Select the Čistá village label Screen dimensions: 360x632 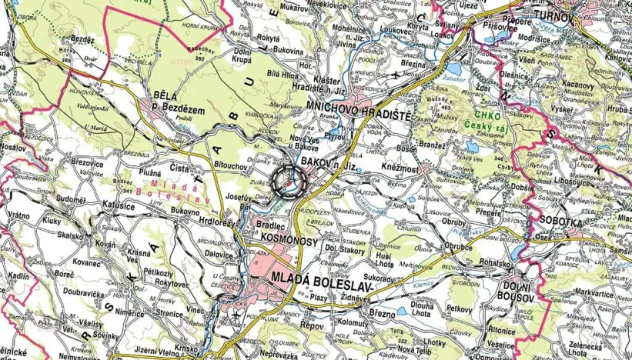(x=179, y=168)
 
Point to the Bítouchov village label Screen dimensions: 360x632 (x=230, y=165)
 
